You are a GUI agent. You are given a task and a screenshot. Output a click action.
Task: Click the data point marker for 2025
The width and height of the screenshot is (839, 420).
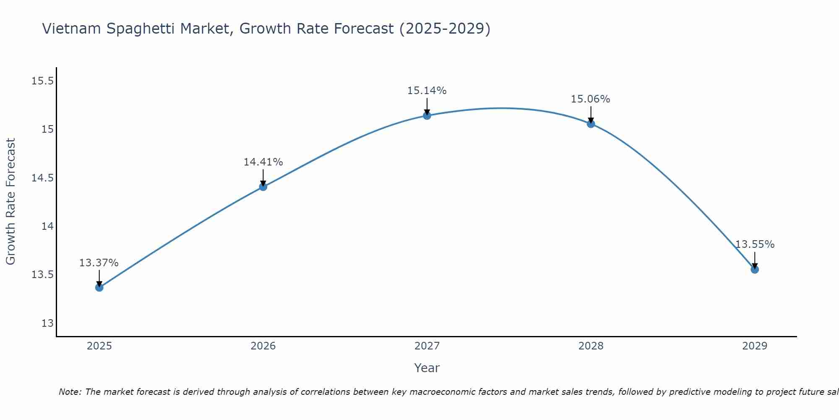(99, 287)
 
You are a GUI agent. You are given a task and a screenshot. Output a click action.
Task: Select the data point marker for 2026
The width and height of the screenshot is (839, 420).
(263, 186)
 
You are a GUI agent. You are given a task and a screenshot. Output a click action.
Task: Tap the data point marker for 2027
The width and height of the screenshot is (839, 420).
(427, 115)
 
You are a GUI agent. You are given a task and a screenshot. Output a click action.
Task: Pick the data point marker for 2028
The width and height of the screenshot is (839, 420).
(591, 123)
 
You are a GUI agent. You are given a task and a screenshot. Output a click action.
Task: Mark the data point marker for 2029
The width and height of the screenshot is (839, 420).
(755, 269)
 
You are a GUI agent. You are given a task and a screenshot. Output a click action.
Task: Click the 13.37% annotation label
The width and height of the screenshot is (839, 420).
(99, 263)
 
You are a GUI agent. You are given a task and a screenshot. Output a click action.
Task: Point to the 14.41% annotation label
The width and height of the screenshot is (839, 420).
(263, 162)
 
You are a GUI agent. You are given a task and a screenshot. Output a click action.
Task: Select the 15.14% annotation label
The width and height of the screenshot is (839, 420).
(427, 91)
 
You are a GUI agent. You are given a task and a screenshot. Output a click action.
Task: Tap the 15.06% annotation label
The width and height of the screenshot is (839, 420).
(591, 99)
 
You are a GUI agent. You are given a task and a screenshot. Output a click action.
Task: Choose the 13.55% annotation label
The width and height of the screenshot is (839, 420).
(755, 244)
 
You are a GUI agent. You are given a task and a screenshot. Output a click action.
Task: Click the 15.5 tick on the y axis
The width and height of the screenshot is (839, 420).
(42, 81)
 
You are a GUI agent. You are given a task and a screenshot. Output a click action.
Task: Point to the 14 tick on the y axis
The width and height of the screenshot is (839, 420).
(47, 226)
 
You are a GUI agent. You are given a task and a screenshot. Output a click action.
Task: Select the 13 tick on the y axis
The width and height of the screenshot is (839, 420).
(47, 323)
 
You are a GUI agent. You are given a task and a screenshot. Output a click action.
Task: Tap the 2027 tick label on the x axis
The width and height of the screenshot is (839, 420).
(427, 346)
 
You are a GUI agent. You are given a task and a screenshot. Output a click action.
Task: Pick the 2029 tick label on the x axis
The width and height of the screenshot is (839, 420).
(755, 346)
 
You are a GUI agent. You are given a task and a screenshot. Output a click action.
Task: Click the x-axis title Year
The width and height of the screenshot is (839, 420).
(427, 368)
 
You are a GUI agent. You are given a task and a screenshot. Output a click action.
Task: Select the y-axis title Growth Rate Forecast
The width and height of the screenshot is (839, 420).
(10, 202)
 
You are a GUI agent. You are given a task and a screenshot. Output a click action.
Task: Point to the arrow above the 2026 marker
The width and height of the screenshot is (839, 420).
(263, 177)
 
